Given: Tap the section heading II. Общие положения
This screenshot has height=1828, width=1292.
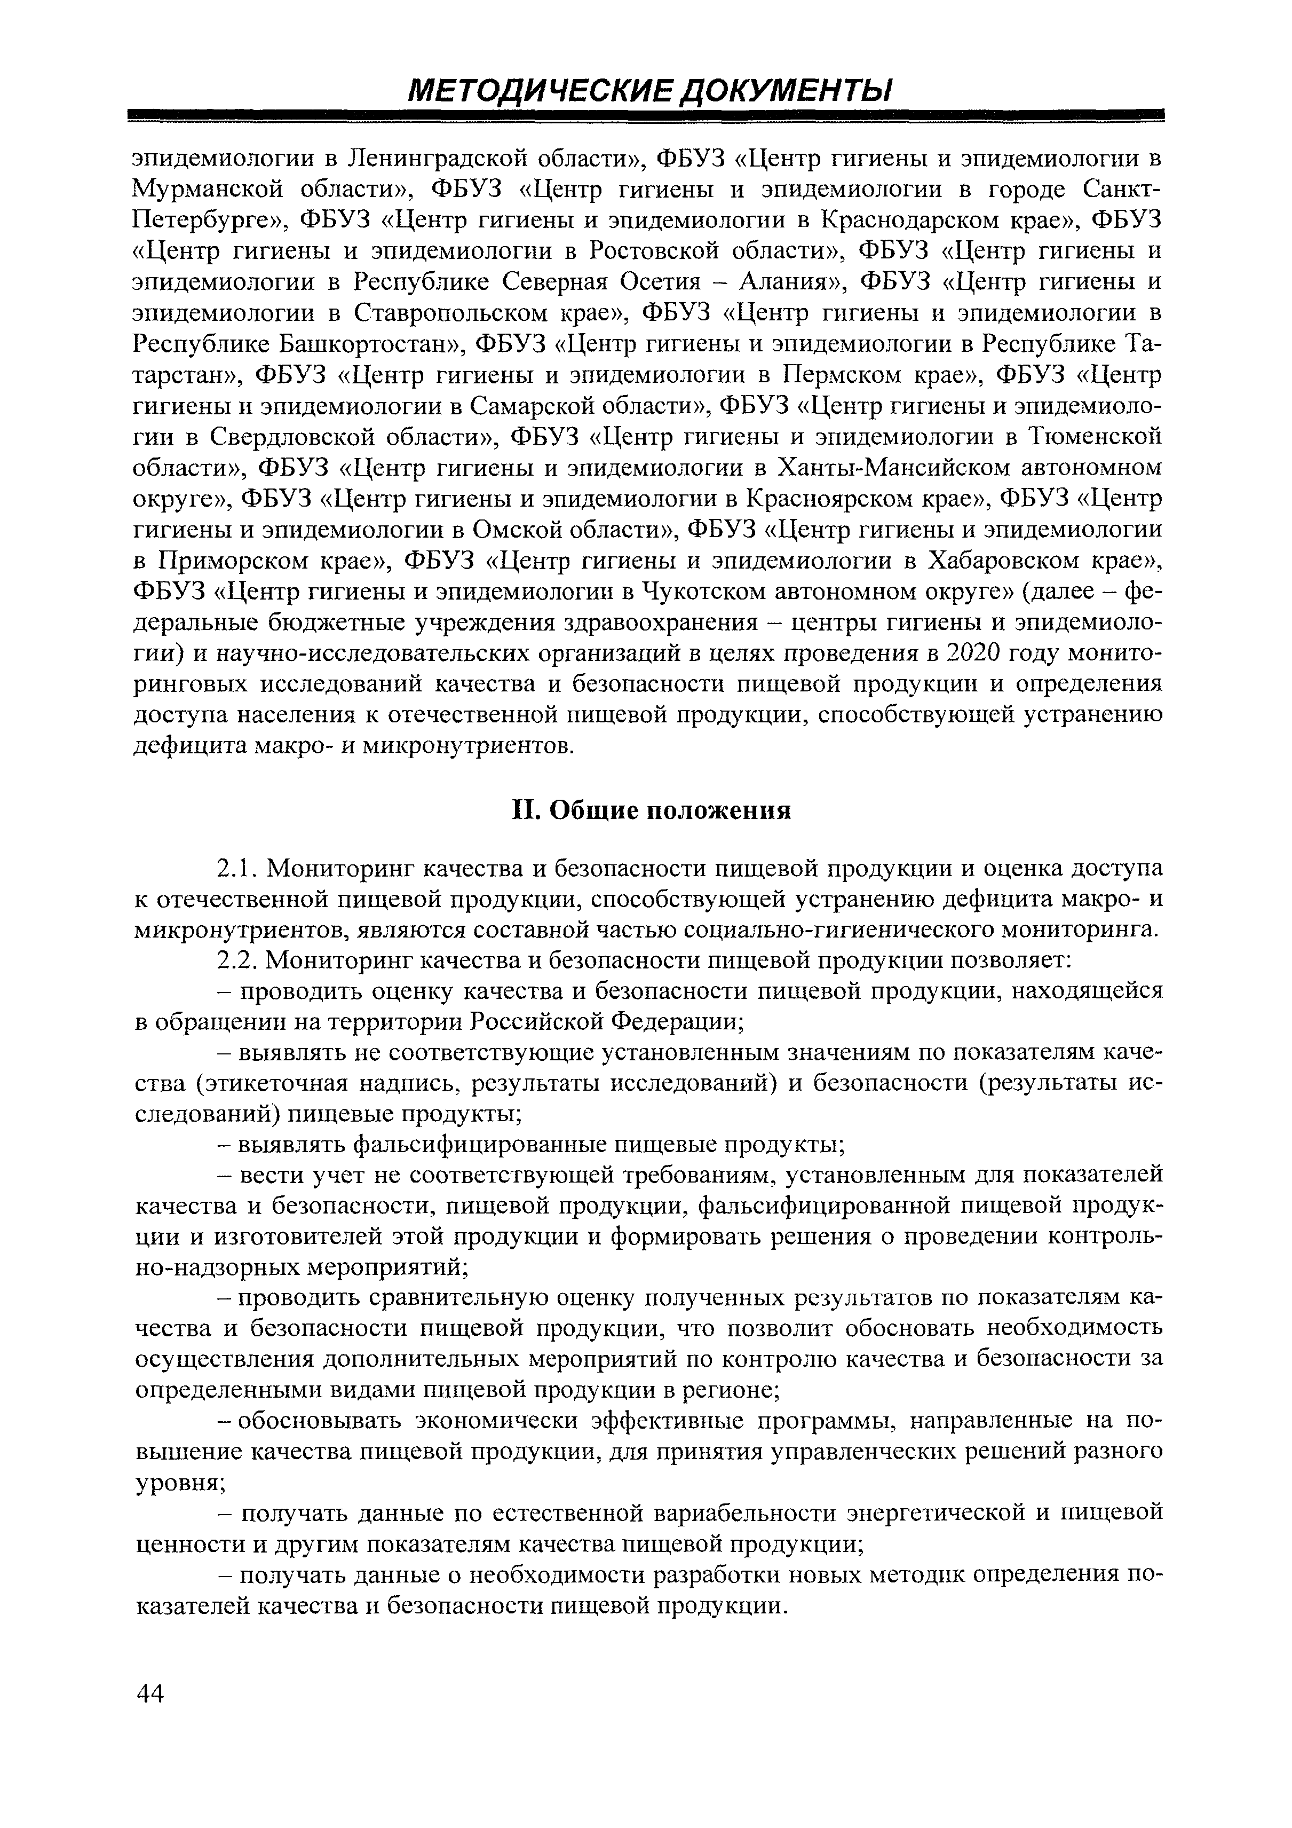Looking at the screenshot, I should pos(649,810).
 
